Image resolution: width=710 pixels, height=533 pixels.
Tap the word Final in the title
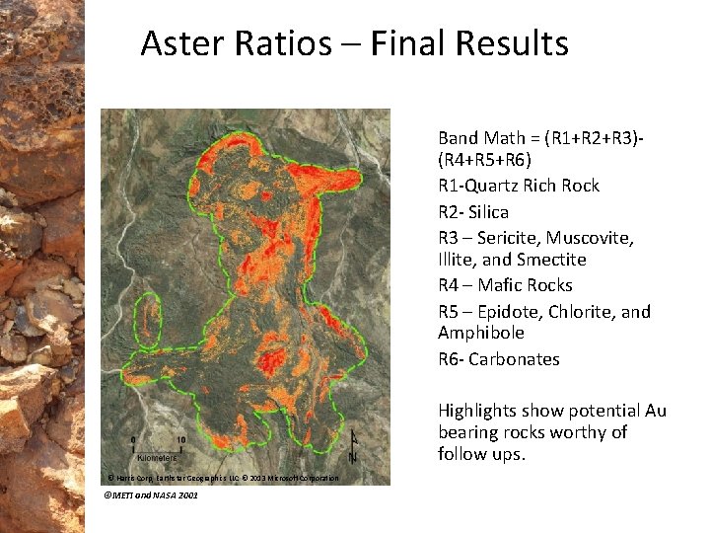tap(395, 43)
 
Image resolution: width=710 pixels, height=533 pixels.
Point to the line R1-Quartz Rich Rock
tap(519, 186)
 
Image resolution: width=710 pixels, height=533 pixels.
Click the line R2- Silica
tap(473, 212)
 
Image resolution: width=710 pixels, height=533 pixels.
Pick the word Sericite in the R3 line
tap(504, 238)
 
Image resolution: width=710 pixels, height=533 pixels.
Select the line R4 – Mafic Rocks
tap(505, 285)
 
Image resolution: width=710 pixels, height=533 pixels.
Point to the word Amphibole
tap(480, 333)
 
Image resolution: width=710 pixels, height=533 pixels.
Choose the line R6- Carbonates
tap(498, 359)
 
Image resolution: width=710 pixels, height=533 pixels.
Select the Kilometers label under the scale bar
tap(156, 458)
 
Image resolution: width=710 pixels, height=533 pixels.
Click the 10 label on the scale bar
tap(180, 439)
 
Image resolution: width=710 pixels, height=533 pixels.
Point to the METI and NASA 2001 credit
tap(150, 495)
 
